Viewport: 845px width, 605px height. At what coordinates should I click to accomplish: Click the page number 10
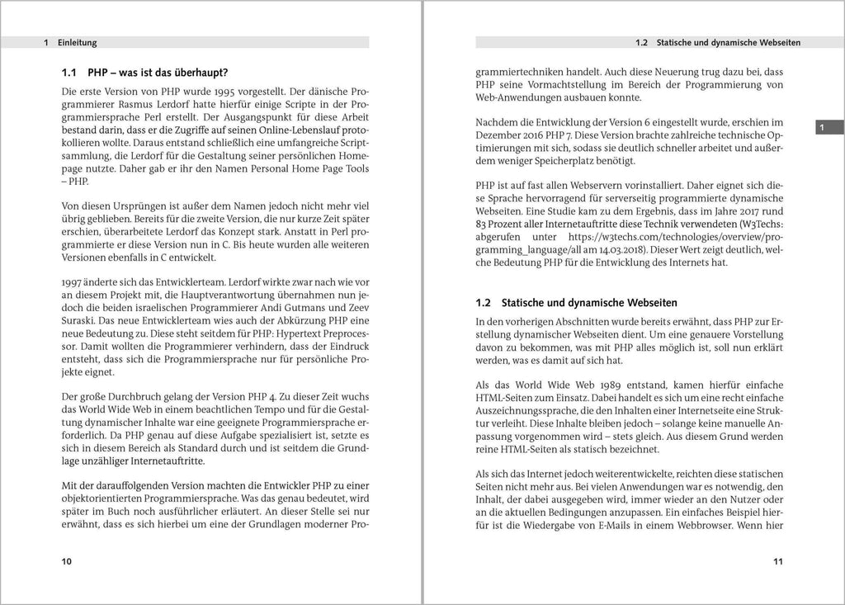click(x=68, y=561)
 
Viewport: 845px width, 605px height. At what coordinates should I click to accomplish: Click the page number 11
click(x=777, y=561)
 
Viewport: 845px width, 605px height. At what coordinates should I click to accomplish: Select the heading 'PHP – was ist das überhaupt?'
click(x=157, y=72)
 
